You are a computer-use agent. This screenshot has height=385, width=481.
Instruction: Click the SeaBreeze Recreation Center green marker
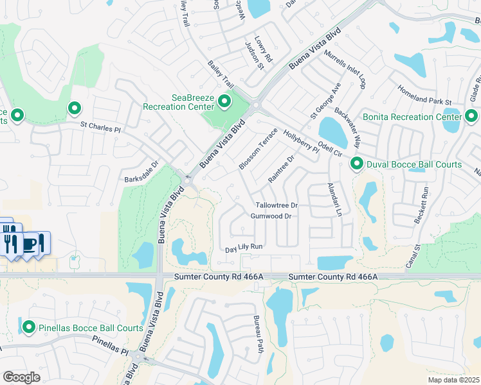pos(224,101)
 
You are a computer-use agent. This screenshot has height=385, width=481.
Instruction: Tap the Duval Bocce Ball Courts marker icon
pos(357,165)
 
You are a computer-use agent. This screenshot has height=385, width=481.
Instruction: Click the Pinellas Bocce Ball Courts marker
pos(28,327)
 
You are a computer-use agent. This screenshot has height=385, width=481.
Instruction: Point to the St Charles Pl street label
pos(100,128)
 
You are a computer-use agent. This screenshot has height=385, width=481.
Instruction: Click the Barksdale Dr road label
pos(141,172)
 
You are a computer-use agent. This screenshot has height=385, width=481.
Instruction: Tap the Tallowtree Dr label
pos(277,205)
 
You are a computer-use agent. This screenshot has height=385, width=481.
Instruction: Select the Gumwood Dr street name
pos(271,217)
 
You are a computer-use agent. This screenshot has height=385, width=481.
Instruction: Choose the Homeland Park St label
pos(425,94)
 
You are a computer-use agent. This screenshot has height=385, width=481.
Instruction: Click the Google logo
pos(23,377)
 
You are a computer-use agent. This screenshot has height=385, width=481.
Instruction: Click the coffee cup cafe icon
pos(30,244)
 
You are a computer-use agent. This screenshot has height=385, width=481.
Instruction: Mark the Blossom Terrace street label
pos(258,149)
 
